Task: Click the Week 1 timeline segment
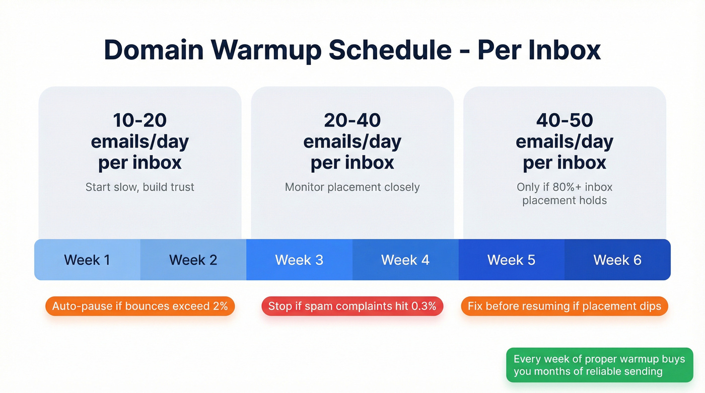click(87, 260)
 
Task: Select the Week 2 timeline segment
click(193, 260)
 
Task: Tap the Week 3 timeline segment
click(299, 260)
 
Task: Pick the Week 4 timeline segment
click(405, 260)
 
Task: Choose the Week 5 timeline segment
click(511, 260)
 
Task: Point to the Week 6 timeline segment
click(617, 260)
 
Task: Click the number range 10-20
click(140, 120)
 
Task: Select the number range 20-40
click(352, 120)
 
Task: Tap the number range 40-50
click(565, 120)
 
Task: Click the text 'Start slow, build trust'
click(140, 187)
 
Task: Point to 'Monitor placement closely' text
click(352, 187)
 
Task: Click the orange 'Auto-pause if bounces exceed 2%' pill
click(140, 306)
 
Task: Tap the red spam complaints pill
click(352, 306)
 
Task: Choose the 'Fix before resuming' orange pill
click(565, 306)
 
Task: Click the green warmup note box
click(599, 365)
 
